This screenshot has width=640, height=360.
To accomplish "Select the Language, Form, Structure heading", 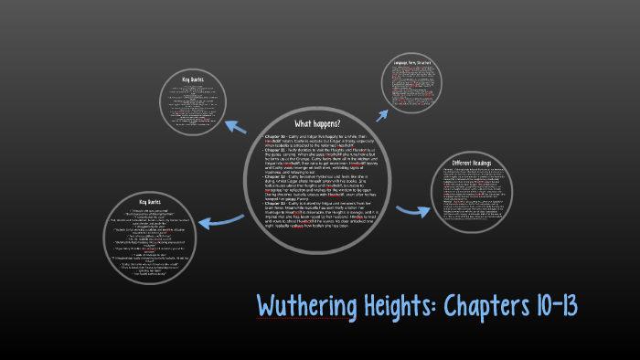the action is pyautogui.click(x=412, y=63).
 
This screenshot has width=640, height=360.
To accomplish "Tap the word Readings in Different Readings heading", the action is pyautogui.click(x=489, y=162).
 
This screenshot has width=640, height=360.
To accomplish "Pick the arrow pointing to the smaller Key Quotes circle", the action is pyautogui.click(x=239, y=128).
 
